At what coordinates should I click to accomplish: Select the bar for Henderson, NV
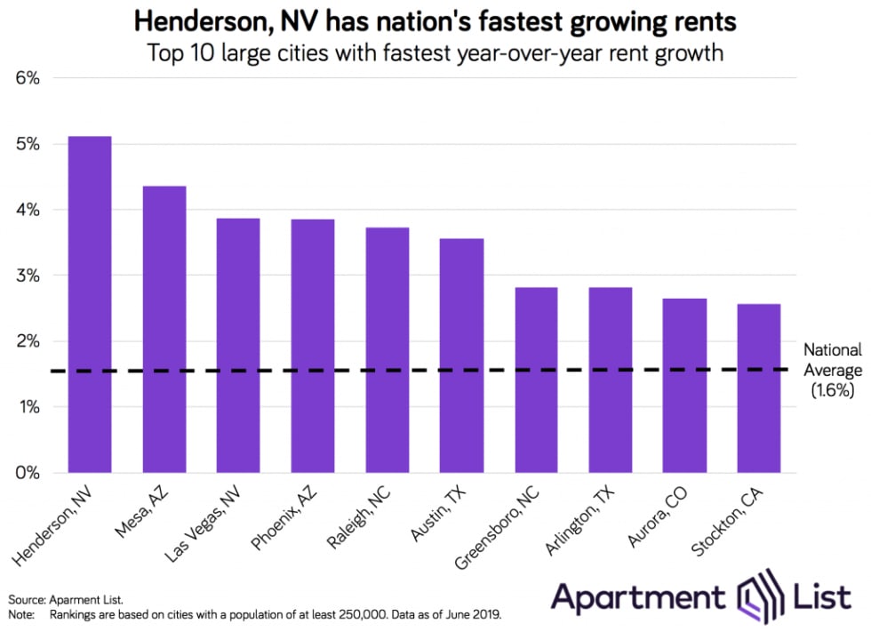pos(90,304)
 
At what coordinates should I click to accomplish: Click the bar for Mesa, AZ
pos(164,329)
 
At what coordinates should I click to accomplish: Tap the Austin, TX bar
pos(461,356)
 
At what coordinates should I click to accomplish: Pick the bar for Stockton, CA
pos(759,388)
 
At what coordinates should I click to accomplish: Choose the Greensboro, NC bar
pos(536,380)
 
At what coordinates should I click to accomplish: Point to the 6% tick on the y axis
pos(28,78)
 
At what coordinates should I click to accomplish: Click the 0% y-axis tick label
pos(28,473)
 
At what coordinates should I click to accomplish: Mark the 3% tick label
pos(28,276)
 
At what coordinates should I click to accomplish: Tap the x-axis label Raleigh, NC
pos(359,517)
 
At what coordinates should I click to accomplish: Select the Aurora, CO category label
pos(658,516)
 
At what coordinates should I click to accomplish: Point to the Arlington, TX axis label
pos(580,520)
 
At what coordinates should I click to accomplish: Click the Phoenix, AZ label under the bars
pos(284,517)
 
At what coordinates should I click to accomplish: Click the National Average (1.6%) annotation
pos(833,370)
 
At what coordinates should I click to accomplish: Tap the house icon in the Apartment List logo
pos(761,596)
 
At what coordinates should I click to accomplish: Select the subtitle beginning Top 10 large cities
pos(435,53)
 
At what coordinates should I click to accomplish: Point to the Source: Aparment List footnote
pos(66,600)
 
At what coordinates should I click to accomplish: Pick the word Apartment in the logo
pos(638,597)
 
